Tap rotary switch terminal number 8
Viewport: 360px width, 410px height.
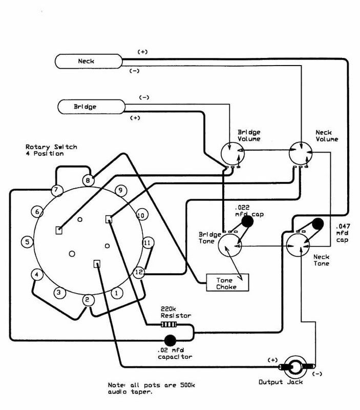pos(88,180)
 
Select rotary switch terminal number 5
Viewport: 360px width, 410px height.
pos(28,242)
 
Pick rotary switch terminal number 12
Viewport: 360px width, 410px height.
pos(139,273)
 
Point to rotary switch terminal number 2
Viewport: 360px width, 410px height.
pos(88,300)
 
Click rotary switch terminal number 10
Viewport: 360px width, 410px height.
pos(141,215)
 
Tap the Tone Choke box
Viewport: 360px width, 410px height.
pos(227,282)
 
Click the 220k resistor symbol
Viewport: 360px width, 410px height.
pos(168,325)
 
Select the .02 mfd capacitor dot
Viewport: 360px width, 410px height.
pos(170,340)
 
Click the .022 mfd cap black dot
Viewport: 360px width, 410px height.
pos(247,222)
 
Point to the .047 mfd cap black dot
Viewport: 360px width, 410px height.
pos(318,224)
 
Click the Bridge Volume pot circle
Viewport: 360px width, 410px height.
pos(232,154)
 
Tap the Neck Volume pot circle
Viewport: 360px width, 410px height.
pos(301,153)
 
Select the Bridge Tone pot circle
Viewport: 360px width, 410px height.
pos(229,245)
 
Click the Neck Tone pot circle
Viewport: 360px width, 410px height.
pos(298,245)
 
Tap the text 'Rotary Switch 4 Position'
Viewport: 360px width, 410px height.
pos(51,150)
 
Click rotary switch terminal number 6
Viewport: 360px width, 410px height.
pos(37,212)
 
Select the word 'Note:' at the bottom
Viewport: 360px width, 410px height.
pos(117,385)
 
